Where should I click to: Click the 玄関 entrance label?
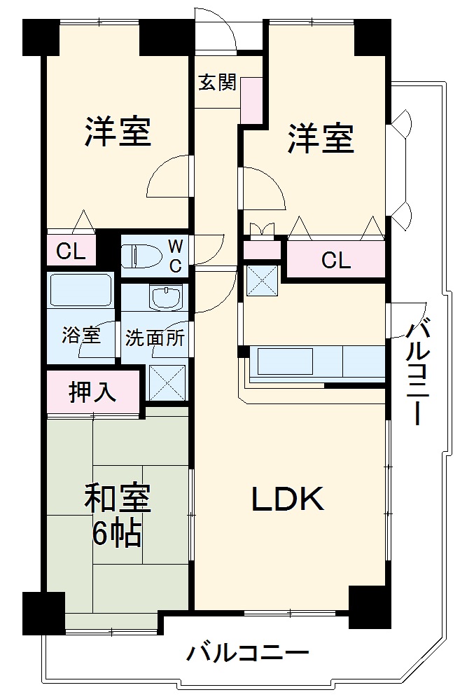tap(216, 83)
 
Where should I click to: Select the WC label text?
tap(176, 256)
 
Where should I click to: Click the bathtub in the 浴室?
tap(81, 289)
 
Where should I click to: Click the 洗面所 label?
tap(155, 338)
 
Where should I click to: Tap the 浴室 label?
tap(81, 336)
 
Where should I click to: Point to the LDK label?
tap(288, 498)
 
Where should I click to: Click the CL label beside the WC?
tap(71, 251)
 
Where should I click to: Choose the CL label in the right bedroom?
tap(335, 260)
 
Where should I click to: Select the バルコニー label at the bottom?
tap(247, 654)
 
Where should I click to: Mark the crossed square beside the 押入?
tap(167, 382)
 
